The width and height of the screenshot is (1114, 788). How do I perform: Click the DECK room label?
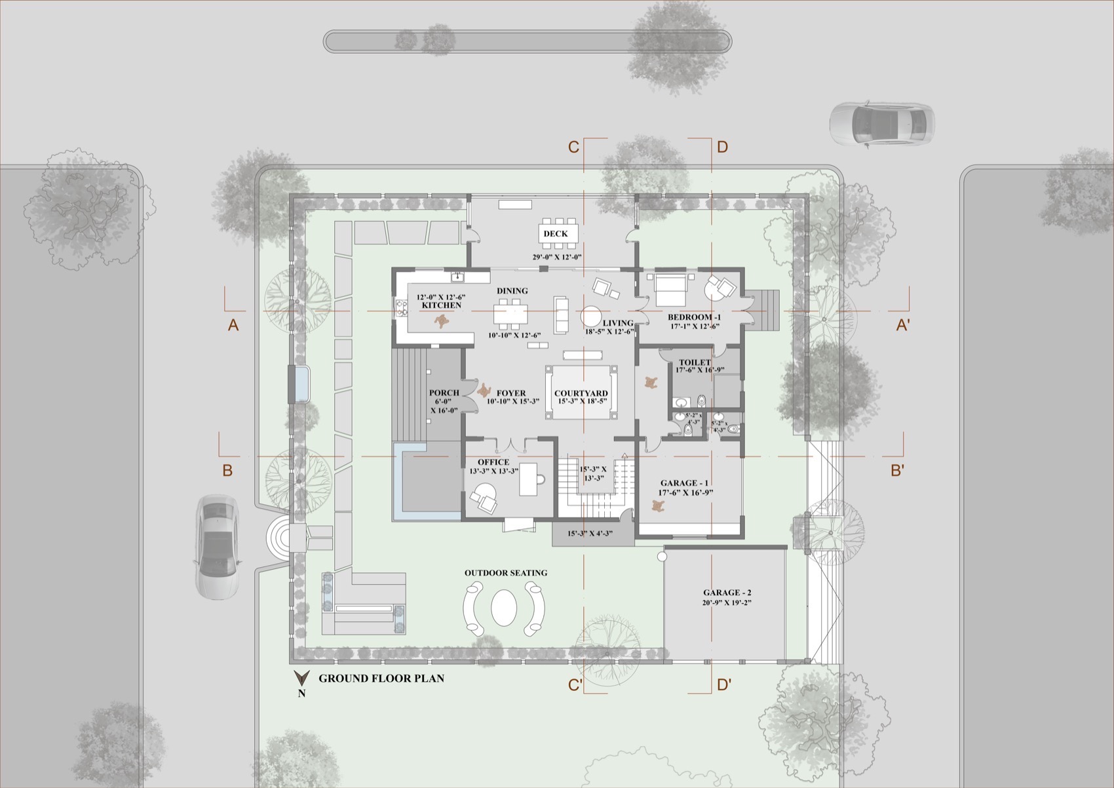555,234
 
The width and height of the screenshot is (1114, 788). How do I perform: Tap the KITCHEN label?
441,305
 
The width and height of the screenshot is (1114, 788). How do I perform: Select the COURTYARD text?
581,393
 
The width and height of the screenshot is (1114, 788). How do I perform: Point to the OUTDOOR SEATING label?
505,573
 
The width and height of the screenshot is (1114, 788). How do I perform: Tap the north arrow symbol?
301,679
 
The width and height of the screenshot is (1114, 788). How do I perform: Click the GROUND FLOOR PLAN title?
381,679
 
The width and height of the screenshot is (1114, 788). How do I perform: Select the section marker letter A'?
902,325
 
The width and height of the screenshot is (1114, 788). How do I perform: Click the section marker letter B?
227,470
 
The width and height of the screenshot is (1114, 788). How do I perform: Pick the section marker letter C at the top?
573,147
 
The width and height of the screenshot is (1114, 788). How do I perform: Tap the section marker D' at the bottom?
724,686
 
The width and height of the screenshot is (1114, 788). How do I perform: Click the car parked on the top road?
882,123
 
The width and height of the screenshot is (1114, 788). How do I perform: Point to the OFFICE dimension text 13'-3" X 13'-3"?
493,471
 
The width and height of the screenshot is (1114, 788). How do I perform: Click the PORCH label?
444,393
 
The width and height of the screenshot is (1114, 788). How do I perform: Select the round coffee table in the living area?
592,316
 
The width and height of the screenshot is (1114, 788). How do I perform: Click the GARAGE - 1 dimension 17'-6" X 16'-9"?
685,492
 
